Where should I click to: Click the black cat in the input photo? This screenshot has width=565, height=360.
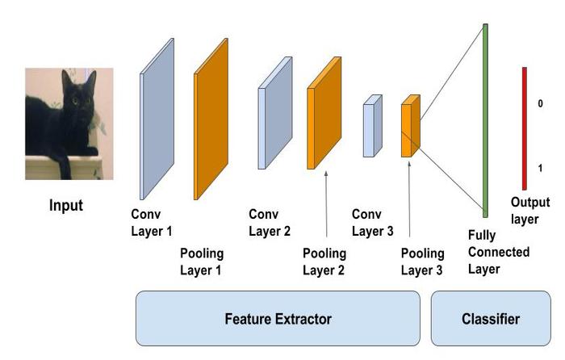tap(65, 121)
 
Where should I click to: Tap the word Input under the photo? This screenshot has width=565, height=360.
tap(66, 205)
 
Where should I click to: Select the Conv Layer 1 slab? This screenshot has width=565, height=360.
tap(157, 119)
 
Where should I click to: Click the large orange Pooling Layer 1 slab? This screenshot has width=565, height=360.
tap(211, 119)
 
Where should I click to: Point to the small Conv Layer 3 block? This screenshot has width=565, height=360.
tap(371, 126)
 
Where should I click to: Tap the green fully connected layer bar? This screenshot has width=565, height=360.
tap(485, 120)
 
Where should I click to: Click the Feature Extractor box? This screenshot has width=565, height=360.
tap(278, 319)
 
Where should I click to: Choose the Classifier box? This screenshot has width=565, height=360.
tap(490, 319)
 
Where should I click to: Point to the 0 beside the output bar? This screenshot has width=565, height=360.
tap(540, 104)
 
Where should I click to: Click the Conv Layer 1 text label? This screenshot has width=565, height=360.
tap(152, 223)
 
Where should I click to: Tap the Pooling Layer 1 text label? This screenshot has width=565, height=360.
tap(201, 263)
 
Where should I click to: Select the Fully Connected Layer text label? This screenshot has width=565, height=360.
tap(498, 252)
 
